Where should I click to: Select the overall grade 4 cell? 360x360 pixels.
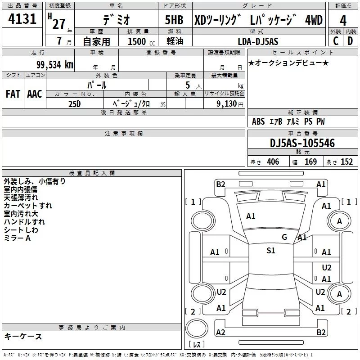[x=343, y=20]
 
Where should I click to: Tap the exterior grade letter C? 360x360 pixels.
[x=335, y=41]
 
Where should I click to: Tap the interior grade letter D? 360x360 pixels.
[x=350, y=41]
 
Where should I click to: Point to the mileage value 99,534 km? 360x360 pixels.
[x=54, y=64]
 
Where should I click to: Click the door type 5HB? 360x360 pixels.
[x=174, y=20]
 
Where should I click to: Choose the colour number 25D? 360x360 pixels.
[x=75, y=103]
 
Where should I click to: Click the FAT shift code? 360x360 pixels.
[x=13, y=94]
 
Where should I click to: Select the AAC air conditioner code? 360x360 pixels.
[x=35, y=94]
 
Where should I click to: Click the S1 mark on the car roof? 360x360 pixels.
[x=270, y=251]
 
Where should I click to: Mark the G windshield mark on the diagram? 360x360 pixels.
[x=284, y=237]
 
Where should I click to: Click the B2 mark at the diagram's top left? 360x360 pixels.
[x=220, y=184]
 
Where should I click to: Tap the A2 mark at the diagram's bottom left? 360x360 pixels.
[x=220, y=332]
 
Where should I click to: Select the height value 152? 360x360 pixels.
[x=346, y=162]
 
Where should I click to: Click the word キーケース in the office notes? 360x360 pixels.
[x=23, y=336]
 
